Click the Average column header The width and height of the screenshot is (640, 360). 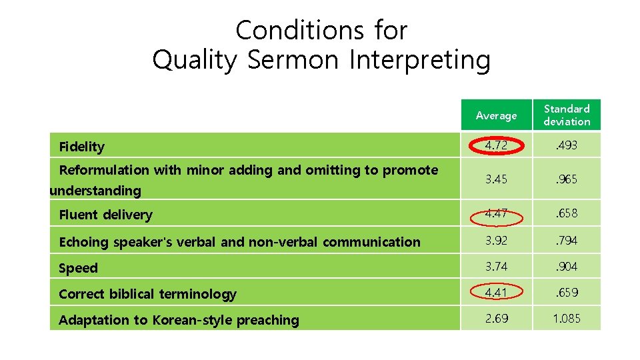click(x=496, y=116)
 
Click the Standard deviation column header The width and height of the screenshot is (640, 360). click(x=567, y=115)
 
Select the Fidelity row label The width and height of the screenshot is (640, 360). click(x=82, y=147)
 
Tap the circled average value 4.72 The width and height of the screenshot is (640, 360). click(x=495, y=145)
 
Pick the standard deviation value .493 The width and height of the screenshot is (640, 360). click(x=567, y=145)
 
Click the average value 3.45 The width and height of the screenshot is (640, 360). click(x=495, y=179)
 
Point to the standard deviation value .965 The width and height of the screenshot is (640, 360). click(x=567, y=179)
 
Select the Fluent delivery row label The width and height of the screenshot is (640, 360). click(x=105, y=215)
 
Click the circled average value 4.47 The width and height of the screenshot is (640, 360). click(x=495, y=213)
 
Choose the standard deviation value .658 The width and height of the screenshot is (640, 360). click(x=567, y=213)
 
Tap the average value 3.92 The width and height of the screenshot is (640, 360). click(x=495, y=240)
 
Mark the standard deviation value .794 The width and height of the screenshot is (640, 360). click(x=567, y=240)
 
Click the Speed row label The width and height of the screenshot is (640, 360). click(x=78, y=268)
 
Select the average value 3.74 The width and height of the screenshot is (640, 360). click(x=495, y=266)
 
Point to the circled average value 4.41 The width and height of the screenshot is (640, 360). click(x=495, y=292)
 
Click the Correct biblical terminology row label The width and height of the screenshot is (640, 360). click(x=147, y=294)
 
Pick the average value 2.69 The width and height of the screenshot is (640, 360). click(x=495, y=318)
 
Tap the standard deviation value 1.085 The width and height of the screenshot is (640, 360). click(x=567, y=318)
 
